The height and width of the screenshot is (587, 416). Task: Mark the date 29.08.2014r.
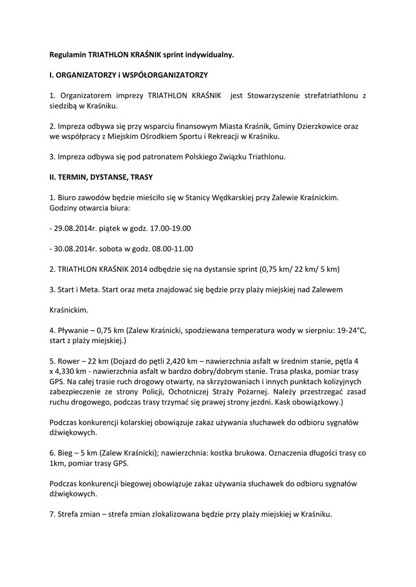pyautogui.click(x=73, y=228)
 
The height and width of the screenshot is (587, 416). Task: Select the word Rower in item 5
pyautogui.click(x=69, y=361)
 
